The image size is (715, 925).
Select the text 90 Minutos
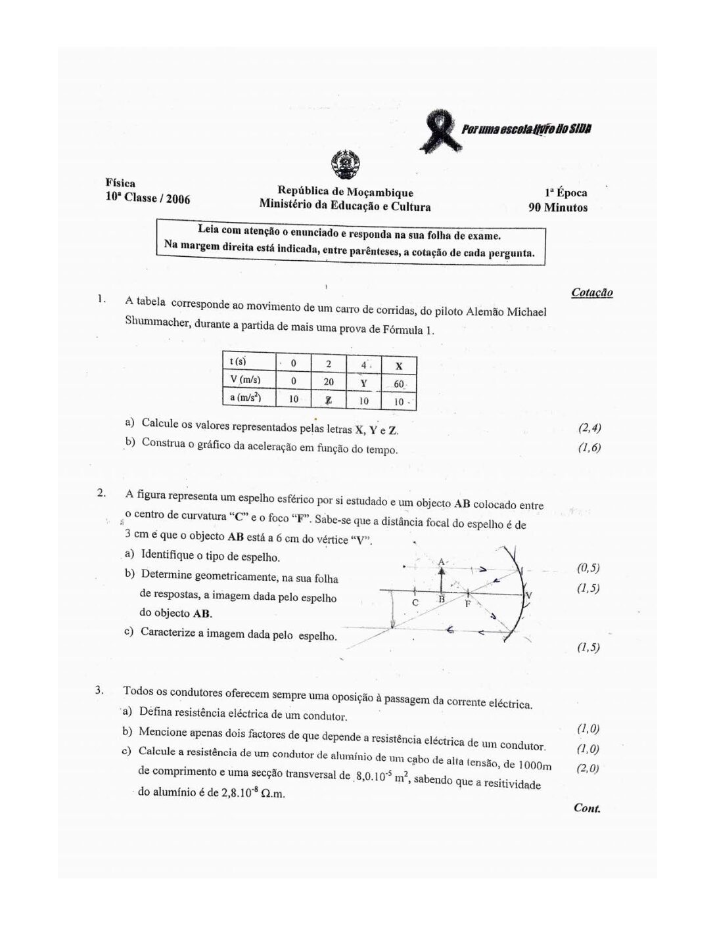pyautogui.click(x=558, y=208)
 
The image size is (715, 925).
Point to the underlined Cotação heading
pyautogui.click(x=592, y=293)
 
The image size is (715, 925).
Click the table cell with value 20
pyautogui.click(x=329, y=382)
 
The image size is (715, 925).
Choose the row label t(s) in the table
pyautogui.click(x=236, y=362)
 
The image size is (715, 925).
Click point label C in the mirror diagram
pyautogui.click(x=415, y=602)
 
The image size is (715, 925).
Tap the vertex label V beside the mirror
pyautogui.click(x=529, y=595)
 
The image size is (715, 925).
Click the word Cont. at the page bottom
pyautogui.click(x=587, y=808)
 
